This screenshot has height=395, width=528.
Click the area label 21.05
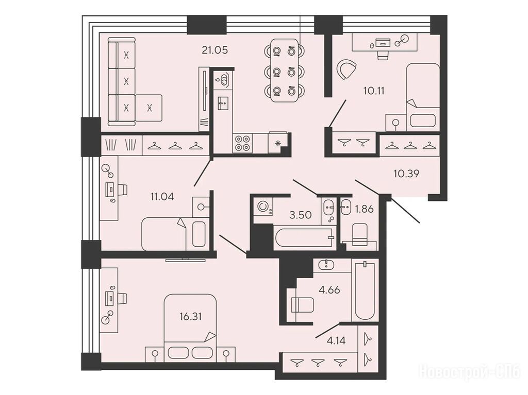point(215,50)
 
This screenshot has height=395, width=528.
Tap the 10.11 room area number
point(374,91)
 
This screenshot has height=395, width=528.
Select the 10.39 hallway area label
point(406,174)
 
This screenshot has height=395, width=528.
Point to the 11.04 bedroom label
point(162,197)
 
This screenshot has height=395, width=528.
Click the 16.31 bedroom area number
point(191,316)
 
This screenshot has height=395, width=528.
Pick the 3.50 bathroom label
point(301,215)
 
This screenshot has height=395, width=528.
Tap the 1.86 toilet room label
point(365,209)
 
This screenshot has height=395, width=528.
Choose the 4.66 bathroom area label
point(329,290)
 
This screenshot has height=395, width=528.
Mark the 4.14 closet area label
point(336,341)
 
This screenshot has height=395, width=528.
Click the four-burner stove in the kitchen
point(243,143)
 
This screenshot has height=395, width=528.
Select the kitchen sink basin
point(222,103)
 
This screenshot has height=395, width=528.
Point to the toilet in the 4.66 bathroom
point(302,305)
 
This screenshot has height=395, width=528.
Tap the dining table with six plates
point(285,71)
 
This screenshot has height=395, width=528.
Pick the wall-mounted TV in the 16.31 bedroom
point(186,260)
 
